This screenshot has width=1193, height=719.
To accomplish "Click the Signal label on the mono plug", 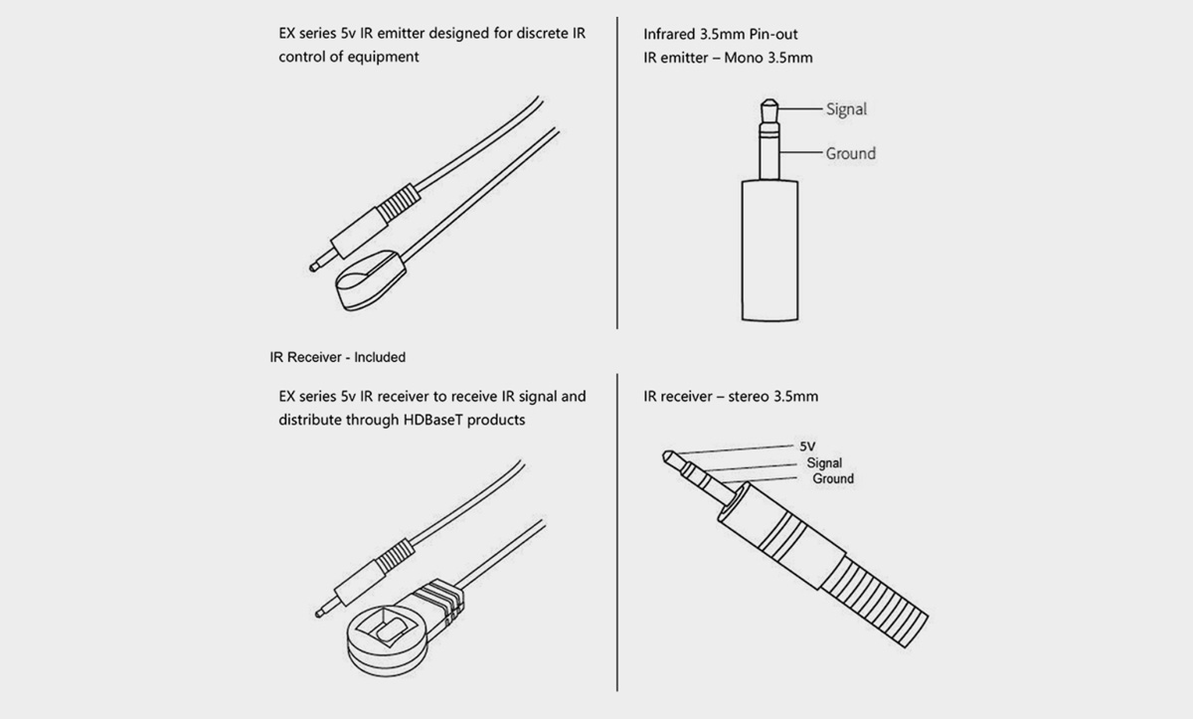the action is [846, 109].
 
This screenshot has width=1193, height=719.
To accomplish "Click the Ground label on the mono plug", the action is [851, 153].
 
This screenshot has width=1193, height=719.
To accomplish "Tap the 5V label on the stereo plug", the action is [807, 447].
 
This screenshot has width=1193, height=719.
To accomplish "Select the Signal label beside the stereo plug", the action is [824, 462].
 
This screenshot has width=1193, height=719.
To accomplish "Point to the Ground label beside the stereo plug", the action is [833, 478].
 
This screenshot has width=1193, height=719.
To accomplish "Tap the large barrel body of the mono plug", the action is [770, 251].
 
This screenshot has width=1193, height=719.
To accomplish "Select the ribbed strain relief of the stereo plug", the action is [875, 603].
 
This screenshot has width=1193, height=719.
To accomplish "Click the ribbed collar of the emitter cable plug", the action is [399, 202].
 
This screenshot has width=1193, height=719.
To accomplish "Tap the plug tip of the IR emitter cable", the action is [315, 267].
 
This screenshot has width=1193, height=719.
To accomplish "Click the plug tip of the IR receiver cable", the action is [320, 613].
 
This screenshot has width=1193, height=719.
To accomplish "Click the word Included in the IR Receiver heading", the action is [380, 357].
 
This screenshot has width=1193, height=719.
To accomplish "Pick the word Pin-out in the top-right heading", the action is [773, 34].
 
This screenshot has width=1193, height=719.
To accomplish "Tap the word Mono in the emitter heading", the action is [744, 58].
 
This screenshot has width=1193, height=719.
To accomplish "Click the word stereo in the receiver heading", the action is [749, 396].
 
